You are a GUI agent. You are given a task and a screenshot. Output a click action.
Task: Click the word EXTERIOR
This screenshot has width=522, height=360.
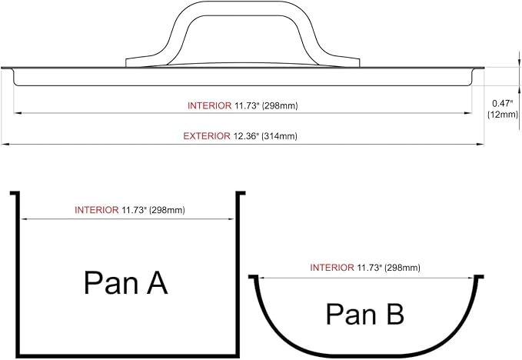[x=207, y=136]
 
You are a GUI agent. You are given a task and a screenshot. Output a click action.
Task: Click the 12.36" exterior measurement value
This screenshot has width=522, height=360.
[x=246, y=136]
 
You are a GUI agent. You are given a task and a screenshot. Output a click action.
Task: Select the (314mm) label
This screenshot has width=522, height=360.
[x=279, y=136]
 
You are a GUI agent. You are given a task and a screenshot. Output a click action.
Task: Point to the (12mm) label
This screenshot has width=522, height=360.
[x=503, y=115]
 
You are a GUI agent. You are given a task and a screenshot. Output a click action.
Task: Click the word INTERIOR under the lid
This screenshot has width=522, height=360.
[x=209, y=106]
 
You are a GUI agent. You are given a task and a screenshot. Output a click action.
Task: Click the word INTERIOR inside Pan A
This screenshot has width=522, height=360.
[x=97, y=210]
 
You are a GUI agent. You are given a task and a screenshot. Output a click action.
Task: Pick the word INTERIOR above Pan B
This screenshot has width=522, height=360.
[x=332, y=268]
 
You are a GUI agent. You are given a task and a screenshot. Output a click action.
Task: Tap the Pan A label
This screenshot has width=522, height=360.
[x=125, y=283]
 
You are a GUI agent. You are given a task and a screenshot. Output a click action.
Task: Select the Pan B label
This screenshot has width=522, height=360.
[x=365, y=314]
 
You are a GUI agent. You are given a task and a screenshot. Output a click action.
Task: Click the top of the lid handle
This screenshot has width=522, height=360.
[x=242, y=2]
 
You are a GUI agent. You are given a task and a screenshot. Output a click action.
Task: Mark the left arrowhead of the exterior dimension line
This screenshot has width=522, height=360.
[x=4, y=145]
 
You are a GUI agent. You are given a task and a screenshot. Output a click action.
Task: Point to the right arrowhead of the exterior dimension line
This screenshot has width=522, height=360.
[x=480, y=145]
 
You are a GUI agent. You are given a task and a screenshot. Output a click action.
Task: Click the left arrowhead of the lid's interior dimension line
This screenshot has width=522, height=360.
[x=18, y=113]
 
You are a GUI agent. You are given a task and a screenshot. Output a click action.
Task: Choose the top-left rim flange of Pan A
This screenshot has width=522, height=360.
[x=15, y=193]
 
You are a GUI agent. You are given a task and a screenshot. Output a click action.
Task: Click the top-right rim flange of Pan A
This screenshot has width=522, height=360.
[x=241, y=193]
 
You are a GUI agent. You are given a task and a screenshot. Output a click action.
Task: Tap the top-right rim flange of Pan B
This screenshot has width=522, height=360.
[x=479, y=276]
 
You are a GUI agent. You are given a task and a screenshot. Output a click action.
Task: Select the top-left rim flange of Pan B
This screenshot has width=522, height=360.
[x=254, y=276]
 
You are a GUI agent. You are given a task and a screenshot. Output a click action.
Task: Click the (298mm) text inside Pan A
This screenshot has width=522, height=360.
[x=167, y=210]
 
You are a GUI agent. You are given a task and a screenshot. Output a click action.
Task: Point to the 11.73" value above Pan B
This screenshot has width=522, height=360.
[x=368, y=268]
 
